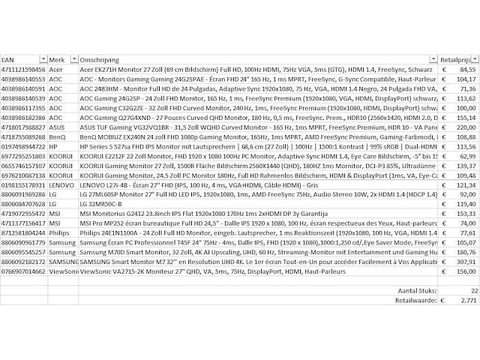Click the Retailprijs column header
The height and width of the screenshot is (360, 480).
click(457, 58)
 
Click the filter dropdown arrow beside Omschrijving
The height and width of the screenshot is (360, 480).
click(433, 58)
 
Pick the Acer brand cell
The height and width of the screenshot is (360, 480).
click(56, 68)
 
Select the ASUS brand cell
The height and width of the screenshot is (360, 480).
click(58, 127)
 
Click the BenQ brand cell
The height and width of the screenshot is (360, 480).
click(58, 137)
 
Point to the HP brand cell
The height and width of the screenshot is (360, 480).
click(54, 147)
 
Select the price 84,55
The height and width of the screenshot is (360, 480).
click(465, 68)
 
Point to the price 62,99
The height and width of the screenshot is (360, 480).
click(465, 157)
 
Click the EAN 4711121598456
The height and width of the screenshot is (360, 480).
click(23, 68)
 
